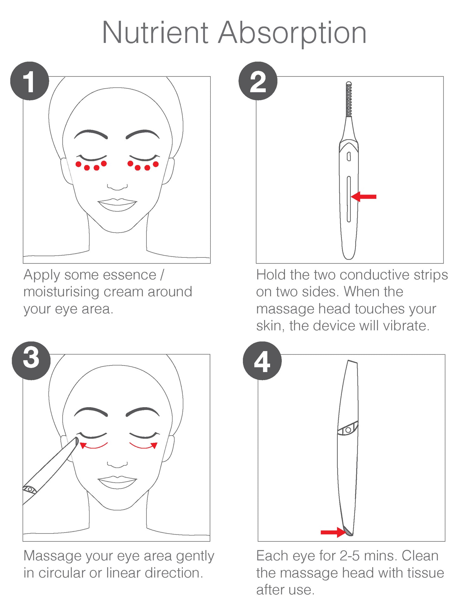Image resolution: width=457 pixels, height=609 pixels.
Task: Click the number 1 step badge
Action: pos(30,81)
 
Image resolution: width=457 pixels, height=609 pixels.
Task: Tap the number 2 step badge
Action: pos(258,81)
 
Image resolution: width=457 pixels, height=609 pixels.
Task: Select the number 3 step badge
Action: pos(31,360)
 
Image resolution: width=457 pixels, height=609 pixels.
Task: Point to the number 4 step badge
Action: pos(262,360)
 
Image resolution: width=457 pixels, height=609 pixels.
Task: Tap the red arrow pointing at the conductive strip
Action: pos(364,196)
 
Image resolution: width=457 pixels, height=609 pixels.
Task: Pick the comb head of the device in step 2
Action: pos(349,99)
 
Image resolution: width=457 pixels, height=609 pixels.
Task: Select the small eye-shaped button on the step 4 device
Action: pos(348,430)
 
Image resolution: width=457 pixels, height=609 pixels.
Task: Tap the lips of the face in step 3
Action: pos(117,482)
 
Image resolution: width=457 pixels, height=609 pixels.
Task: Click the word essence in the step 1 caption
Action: pos(110,275)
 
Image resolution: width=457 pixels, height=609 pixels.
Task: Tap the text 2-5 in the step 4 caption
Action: pos(350,556)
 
